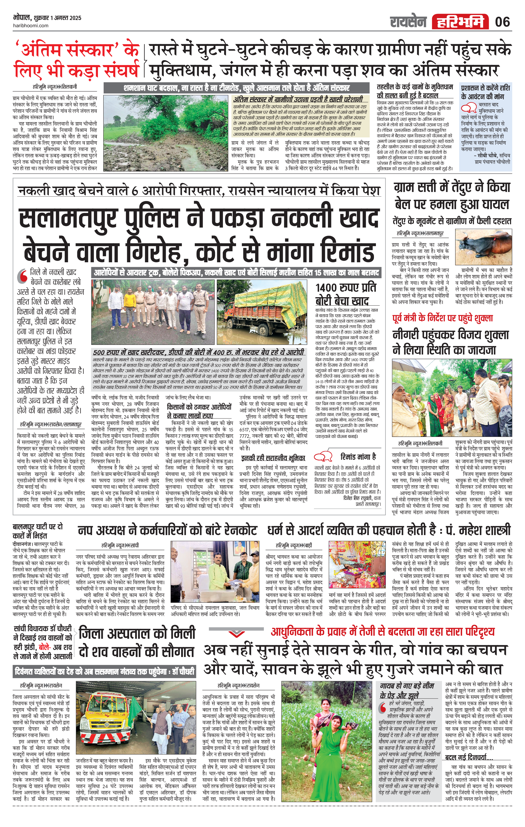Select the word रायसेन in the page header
click(408, 22)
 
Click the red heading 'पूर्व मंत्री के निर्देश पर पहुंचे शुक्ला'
click(443, 318)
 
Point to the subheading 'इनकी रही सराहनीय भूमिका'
click(273, 458)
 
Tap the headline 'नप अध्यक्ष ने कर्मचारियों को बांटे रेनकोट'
click(167, 531)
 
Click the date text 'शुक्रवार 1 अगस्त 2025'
click(58, 18)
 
